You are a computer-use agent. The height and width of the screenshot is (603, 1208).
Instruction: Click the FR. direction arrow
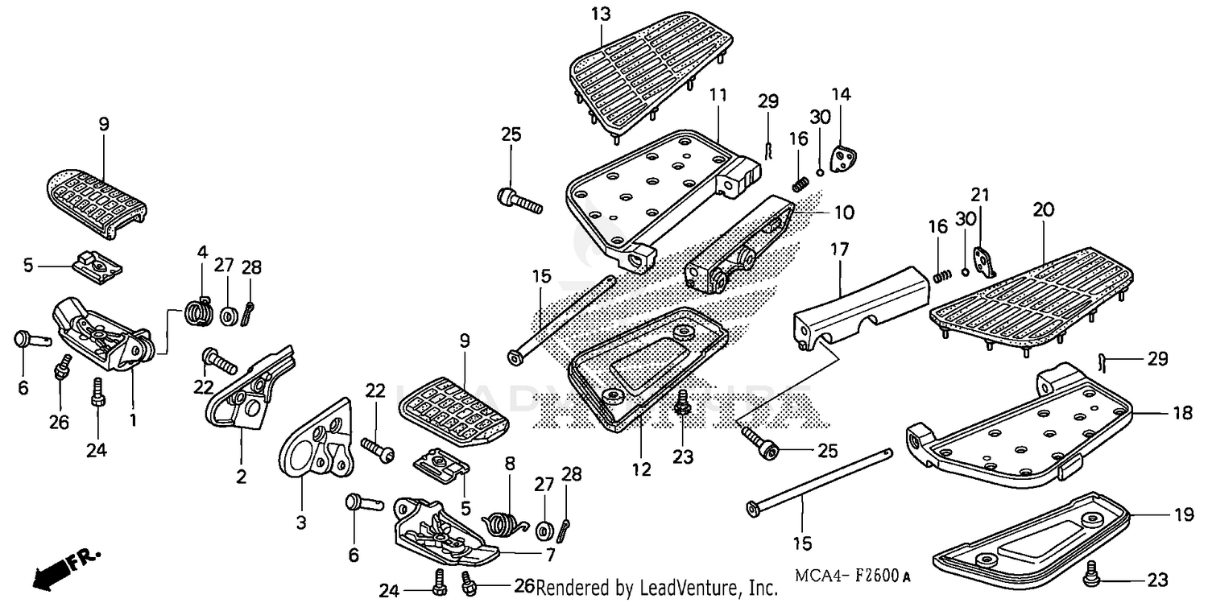pos(64,568)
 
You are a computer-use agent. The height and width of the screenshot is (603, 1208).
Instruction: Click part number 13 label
pos(600,14)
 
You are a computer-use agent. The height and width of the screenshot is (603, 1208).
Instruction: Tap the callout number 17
pos(839,250)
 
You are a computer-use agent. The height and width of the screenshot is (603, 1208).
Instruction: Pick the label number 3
pos(301,522)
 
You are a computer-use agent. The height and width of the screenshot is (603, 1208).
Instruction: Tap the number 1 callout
pos(133,419)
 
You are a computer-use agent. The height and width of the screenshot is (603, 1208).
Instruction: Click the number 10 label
pos(843,213)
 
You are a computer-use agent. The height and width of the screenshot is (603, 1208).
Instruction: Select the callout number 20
pos(1043,210)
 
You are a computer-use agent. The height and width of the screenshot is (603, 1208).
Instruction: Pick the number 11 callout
pos(718,96)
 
